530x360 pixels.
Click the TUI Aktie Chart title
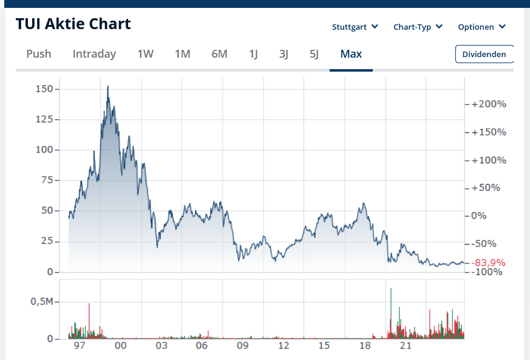click(73, 24)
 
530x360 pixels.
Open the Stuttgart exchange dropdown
click(355, 27)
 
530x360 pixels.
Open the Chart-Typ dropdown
click(418, 27)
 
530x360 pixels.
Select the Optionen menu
click(481, 27)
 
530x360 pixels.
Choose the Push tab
click(39, 54)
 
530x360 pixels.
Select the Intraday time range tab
click(94, 54)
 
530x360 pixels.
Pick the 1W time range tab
click(145, 54)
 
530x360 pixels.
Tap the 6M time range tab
click(219, 54)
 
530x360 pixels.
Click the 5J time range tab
click(314, 54)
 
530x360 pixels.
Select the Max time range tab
click(351, 54)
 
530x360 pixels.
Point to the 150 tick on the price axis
click(45, 89)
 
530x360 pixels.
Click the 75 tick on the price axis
click(47, 180)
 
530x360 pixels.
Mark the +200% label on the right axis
click(489, 104)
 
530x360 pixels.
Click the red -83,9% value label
click(489, 263)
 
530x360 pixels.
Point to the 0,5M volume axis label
click(42, 302)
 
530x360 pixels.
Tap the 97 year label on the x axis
click(80, 346)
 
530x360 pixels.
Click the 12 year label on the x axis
click(284, 346)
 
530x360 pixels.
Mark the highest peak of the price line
click(107, 86)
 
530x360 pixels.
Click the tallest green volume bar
click(391, 290)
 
